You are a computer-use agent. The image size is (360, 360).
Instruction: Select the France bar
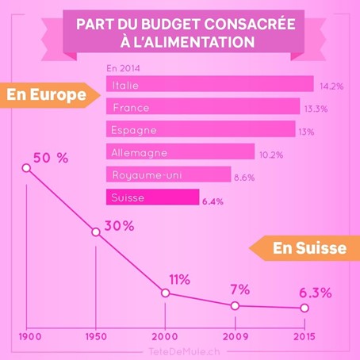coord(203,106)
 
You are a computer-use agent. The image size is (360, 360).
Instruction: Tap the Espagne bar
coord(200,129)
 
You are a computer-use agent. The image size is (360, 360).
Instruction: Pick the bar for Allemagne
coord(180,151)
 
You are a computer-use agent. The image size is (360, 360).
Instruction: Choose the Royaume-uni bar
coord(168,174)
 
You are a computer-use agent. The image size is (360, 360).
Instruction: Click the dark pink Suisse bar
coord(151,197)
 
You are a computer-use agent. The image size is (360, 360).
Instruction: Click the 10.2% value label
coord(271,155)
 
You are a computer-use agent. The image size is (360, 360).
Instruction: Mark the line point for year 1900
coord(27,168)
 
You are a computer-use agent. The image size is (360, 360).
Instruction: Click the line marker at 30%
coord(96,232)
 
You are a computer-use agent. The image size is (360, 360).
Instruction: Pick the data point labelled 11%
coord(165,293)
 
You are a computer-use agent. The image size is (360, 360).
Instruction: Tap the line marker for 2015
coord(304,308)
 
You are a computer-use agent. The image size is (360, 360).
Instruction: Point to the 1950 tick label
coord(96,335)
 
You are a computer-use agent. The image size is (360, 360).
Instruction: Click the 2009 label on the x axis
coord(234,335)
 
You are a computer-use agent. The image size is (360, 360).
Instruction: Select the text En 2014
coord(121,68)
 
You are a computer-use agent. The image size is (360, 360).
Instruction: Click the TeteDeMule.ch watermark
coord(179,350)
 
